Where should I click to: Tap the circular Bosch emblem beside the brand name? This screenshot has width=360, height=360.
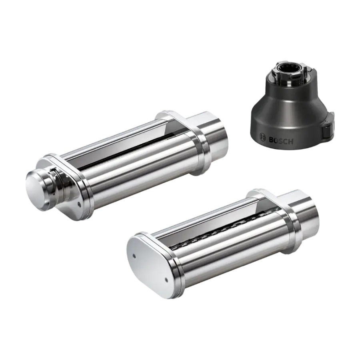coord(262,137)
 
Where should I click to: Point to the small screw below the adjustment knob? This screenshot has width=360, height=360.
coord(79,203)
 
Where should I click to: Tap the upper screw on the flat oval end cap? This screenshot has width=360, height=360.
coord(134,255)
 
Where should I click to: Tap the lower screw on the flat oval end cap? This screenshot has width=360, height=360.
coord(166,280)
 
